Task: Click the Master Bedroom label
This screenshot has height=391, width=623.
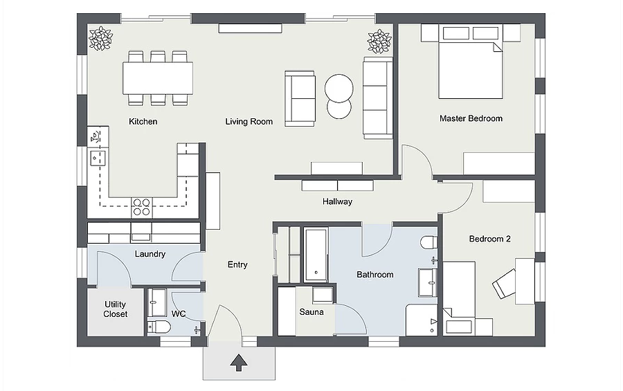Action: [471, 118]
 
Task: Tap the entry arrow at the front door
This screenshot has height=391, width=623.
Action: [239, 363]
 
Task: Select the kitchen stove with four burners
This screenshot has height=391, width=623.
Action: [141, 207]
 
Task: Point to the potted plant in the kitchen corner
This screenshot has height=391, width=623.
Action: [101, 39]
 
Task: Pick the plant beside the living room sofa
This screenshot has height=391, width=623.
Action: [379, 41]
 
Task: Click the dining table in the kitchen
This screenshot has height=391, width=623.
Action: [158, 78]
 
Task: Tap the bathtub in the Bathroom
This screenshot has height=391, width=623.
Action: [316, 254]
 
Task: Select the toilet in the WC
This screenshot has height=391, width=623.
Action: [159, 327]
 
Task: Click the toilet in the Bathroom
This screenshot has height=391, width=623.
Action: [429, 242]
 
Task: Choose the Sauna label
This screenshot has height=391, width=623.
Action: [311, 312]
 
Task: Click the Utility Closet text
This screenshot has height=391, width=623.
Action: [115, 309]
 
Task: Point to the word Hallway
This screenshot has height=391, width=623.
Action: [337, 201]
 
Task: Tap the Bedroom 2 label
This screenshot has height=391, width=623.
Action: [489, 239]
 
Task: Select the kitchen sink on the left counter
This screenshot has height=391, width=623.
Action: [98, 158]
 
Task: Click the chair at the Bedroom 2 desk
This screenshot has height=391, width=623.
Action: [505, 283]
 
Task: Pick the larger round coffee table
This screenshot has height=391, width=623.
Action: [339, 88]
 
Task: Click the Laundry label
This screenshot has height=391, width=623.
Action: [150, 254]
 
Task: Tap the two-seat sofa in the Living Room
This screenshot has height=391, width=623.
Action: [300, 98]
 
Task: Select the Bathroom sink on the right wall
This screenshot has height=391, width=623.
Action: [428, 282]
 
